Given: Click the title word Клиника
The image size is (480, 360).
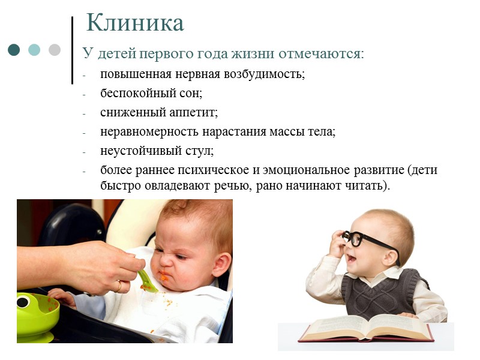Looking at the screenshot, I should click(x=135, y=23).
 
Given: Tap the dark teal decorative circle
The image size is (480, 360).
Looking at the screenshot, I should click(x=14, y=50).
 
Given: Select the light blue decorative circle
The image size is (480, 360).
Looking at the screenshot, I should click(x=34, y=50).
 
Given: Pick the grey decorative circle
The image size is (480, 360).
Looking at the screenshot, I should click(x=55, y=50).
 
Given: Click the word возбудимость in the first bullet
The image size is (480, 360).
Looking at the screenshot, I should click(x=266, y=74).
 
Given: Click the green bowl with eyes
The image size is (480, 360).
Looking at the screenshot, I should click(x=36, y=312).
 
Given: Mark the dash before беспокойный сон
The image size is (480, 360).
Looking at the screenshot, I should click(x=85, y=94).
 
